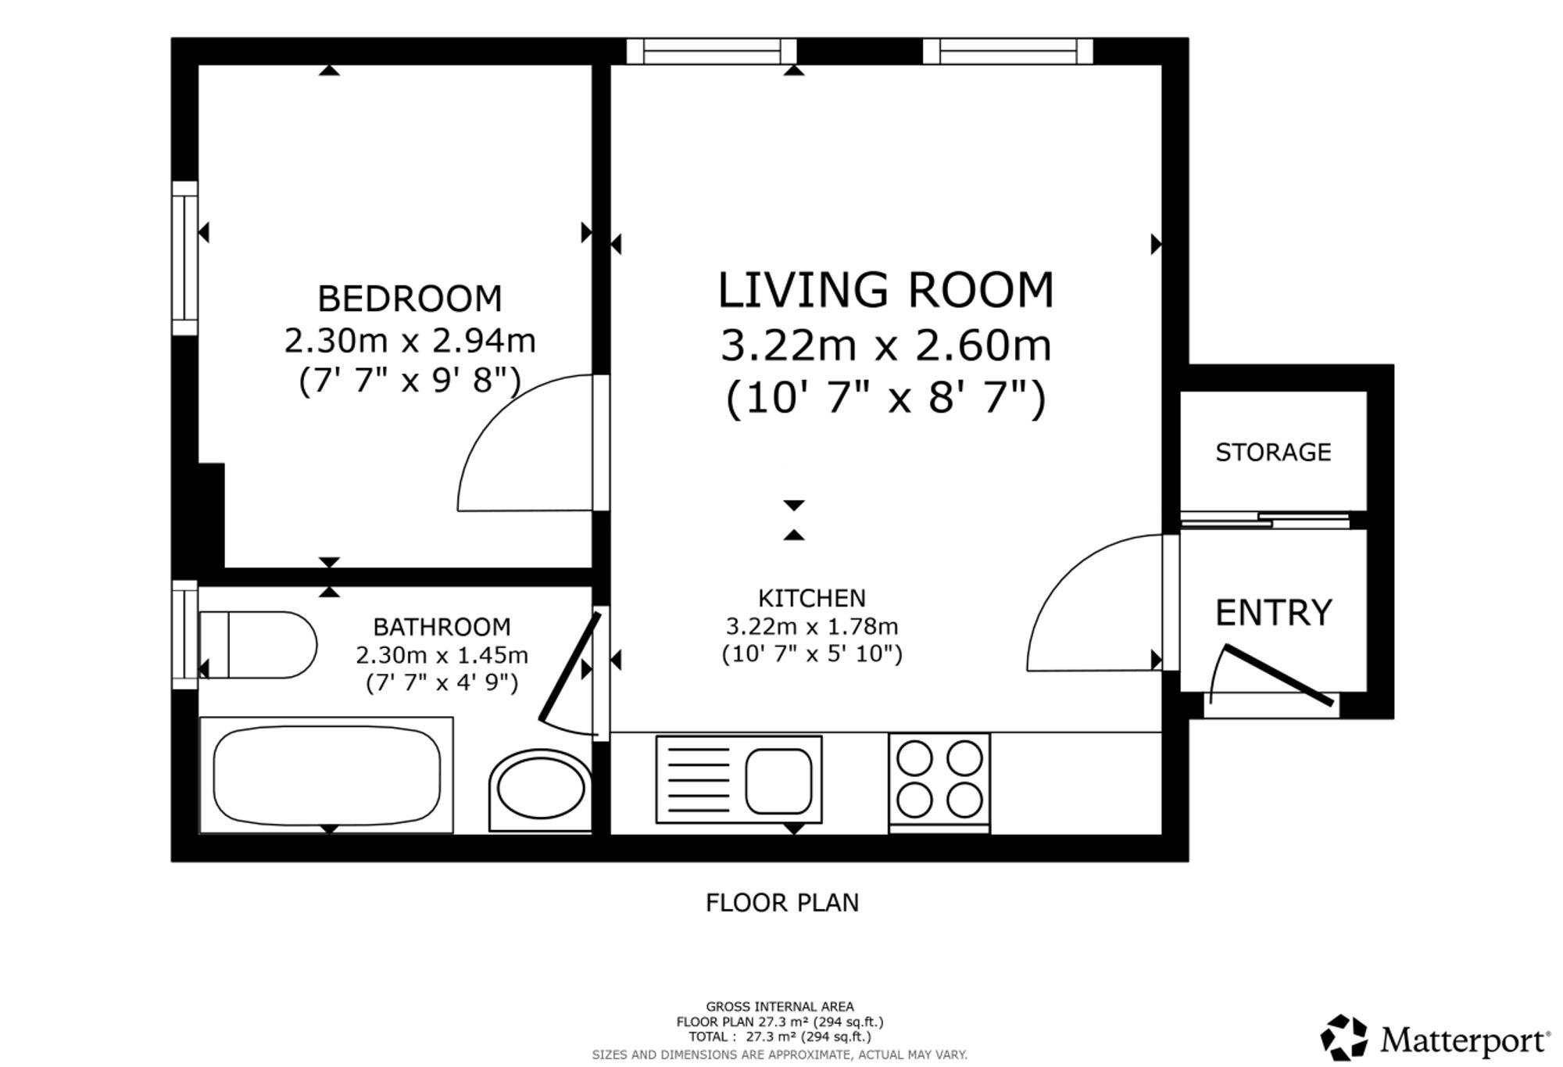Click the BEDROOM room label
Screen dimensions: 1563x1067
(x=410, y=299)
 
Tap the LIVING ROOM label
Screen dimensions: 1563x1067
(x=886, y=289)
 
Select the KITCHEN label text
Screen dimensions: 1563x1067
(x=812, y=598)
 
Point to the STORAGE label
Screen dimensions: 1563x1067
(x=1273, y=452)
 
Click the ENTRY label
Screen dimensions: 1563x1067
(x=1273, y=612)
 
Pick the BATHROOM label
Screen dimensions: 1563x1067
(x=442, y=627)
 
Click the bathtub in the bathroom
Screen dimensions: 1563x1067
(x=327, y=775)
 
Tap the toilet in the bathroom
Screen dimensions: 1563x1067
(x=258, y=645)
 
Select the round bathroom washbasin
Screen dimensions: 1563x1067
(x=540, y=790)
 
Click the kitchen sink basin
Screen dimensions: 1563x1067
(x=778, y=781)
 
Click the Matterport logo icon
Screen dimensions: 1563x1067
(x=1343, y=1037)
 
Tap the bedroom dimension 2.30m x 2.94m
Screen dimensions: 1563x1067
(x=410, y=341)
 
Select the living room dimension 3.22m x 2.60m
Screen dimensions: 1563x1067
(x=886, y=346)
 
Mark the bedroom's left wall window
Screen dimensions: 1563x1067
(x=185, y=258)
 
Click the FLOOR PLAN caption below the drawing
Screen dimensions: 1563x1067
(x=782, y=903)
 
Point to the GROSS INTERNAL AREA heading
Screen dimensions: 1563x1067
(x=780, y=1007)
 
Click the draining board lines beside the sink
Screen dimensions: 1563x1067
(x=699, y=779)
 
